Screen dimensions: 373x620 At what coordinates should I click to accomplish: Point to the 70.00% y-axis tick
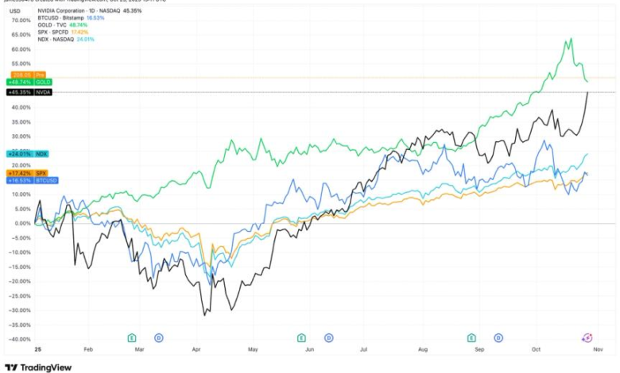(x=20, y=20)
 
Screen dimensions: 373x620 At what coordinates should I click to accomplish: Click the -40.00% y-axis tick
(x=20, y=339)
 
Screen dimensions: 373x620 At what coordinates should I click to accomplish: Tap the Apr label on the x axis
(x=196, y=349)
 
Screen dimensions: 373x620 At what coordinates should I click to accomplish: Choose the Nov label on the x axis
(x=599, y=349)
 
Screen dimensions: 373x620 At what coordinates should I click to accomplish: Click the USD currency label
(x=14, y=10)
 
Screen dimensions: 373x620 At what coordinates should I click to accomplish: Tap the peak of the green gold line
(x=571, y=38)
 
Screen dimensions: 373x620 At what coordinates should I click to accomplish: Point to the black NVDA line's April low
(x=204, y=315)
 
